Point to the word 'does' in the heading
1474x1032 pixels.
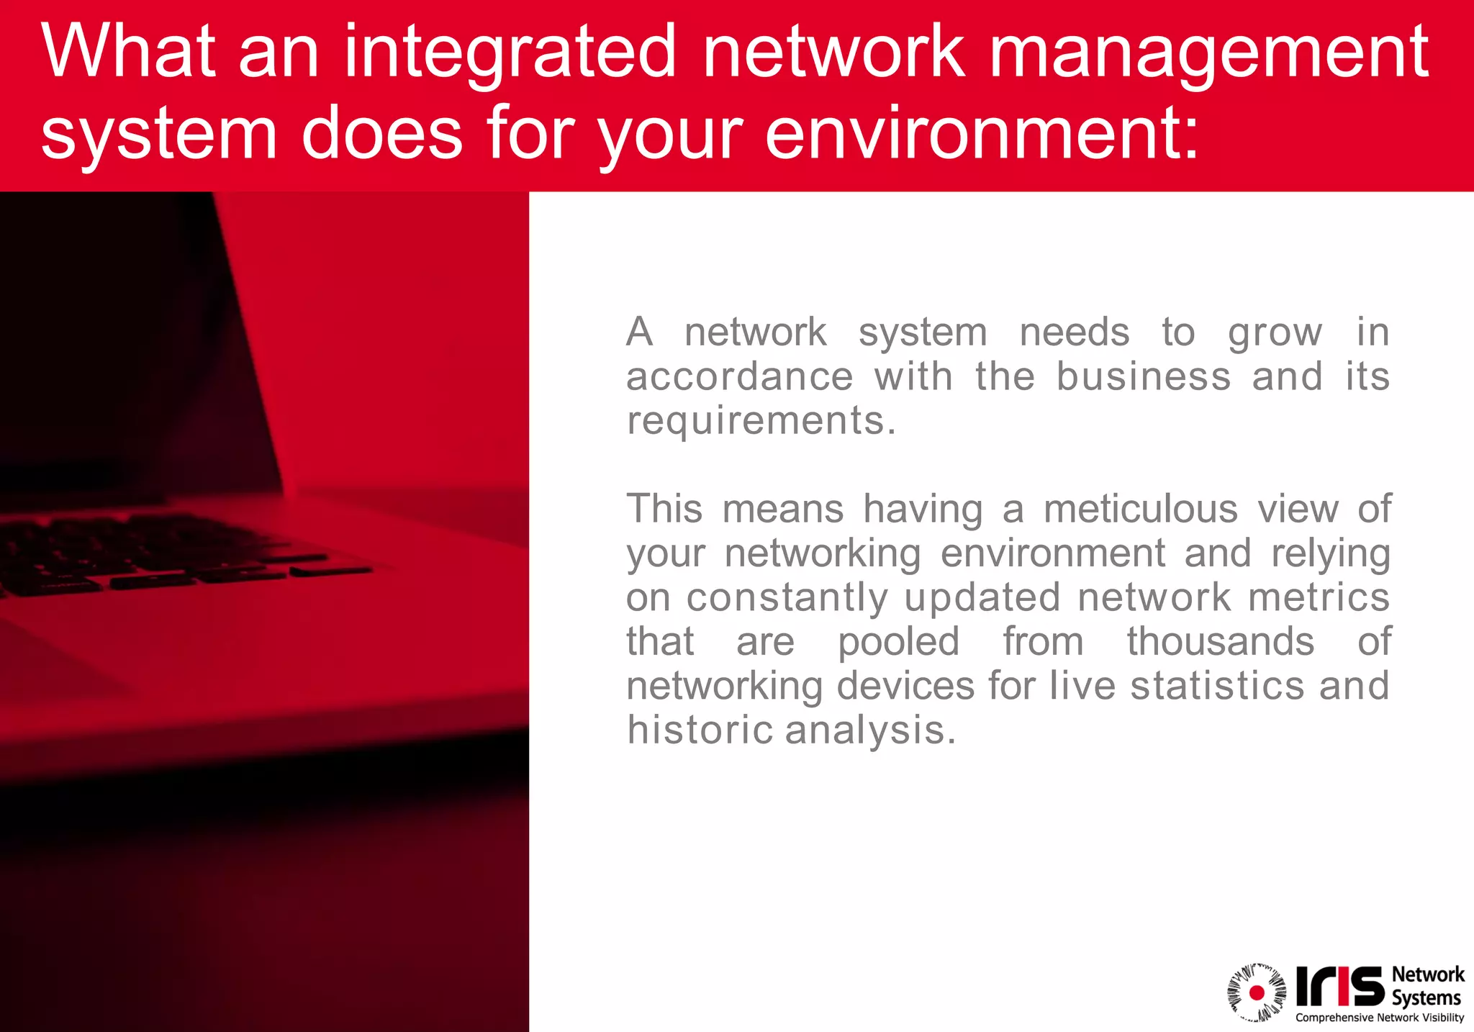[382, 134]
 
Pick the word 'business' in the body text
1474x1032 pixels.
[1144, 376]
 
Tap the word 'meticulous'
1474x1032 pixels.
[1141, 509]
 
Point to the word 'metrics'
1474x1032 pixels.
[1319, 597]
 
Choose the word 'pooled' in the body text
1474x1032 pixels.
[899, 642]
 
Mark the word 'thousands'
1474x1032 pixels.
[1221, 641]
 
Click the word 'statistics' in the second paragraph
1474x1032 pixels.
[1217, 685]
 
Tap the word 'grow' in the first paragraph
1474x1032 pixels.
[1275, 333]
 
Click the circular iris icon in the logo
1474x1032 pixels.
[1257, 993]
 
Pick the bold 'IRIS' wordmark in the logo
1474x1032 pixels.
[1339, 987]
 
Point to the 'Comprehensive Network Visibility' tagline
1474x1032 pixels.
[1380, 1018]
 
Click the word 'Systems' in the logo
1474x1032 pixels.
[1426, 998]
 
